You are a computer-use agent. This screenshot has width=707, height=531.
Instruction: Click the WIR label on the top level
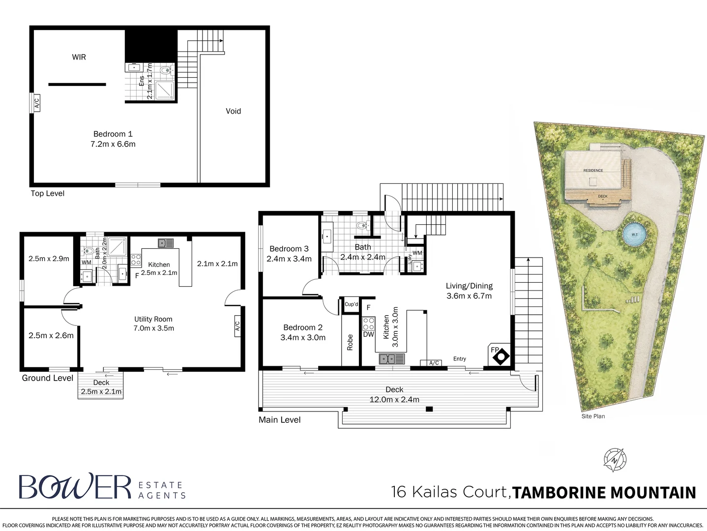click(x=79, y=58)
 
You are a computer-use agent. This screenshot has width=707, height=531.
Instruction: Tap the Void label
click(x=233, y=111)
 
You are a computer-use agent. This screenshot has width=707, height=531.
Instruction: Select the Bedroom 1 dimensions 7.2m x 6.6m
click(x=113, y=144)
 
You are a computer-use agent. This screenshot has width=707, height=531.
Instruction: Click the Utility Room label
click(x=153, y=319)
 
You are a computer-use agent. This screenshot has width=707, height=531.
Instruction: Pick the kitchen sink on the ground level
click(x=166, y=243)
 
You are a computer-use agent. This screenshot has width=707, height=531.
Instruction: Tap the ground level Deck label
click(x=101, y=383)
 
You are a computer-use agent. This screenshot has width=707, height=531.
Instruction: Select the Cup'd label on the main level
click(x=351, y=304)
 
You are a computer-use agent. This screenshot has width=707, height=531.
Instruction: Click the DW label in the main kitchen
click(x=368, y=334)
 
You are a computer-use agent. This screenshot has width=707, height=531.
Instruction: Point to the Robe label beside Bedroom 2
click(x=350, y=342)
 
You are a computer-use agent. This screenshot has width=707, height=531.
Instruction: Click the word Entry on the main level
click(x=460, y=359)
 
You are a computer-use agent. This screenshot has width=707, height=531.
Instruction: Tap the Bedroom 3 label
click(x=289, y=249)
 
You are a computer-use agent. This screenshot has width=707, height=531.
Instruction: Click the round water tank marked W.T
click(x=634, y=234)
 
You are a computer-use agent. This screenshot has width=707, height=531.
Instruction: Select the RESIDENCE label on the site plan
click(x=593, y=170)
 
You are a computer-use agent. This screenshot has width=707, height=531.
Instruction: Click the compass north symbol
click(x=615, y=460)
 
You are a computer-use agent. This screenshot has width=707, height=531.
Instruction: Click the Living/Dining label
click(x=470, y=286)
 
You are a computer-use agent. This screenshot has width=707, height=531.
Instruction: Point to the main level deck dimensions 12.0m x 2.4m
click(x=394, y=400)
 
